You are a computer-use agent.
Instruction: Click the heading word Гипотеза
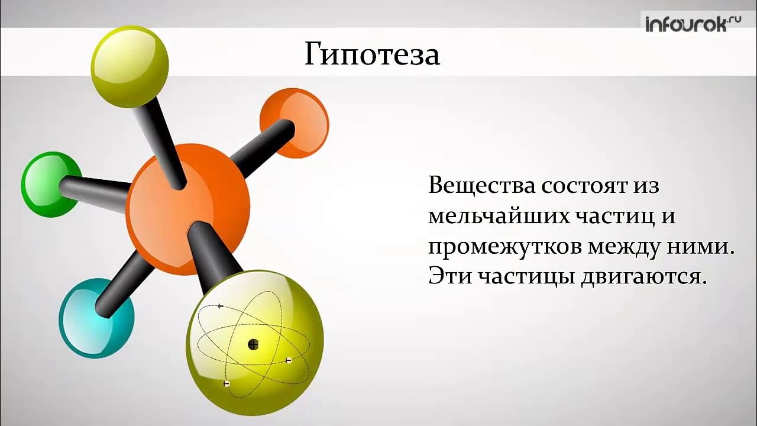(x=372, y=54)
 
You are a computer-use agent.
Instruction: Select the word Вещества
(x=481, y=186)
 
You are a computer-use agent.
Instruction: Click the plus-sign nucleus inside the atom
(x=253, y=344)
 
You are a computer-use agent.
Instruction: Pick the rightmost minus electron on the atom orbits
(x=289, y=360)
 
